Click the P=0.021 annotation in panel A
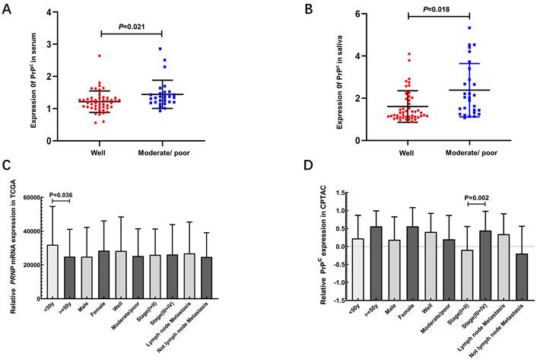point(131,27)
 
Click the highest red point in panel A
point(100,56)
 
